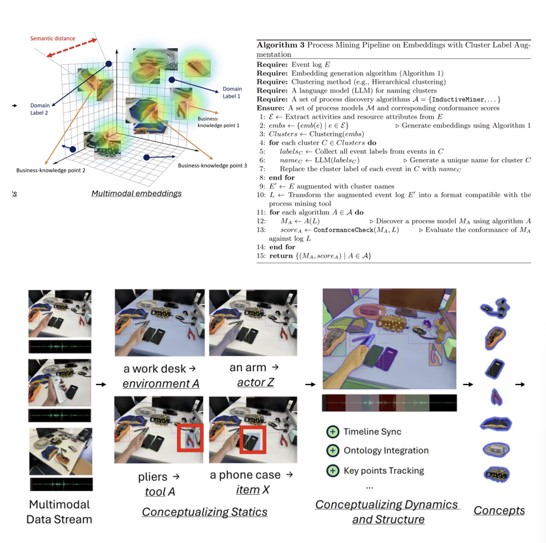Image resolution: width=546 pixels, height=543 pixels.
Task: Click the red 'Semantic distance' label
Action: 53,38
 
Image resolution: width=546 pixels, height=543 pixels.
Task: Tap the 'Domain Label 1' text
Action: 232,93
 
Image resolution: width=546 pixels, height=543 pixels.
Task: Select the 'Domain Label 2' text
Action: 39,109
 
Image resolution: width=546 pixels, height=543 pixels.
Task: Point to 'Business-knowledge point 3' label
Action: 213,166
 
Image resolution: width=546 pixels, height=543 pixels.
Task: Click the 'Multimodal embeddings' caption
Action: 136,193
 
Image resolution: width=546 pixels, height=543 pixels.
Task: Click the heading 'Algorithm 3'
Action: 281,45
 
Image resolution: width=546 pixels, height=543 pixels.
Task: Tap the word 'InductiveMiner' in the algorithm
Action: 458,100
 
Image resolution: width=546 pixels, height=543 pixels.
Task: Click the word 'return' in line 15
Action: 281,256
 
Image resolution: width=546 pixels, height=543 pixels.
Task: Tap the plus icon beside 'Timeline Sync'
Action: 333,432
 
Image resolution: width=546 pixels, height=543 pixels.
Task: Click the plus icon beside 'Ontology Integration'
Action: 333,450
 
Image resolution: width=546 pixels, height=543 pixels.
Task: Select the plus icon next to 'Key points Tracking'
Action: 333,471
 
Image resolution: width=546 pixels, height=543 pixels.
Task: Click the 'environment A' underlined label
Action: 161,384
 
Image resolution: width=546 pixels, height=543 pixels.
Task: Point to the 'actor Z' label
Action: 255,383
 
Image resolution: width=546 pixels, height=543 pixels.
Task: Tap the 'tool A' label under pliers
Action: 160,492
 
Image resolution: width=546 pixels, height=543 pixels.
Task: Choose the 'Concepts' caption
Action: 499,510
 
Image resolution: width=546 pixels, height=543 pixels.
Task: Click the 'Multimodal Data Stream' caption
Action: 60,512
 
